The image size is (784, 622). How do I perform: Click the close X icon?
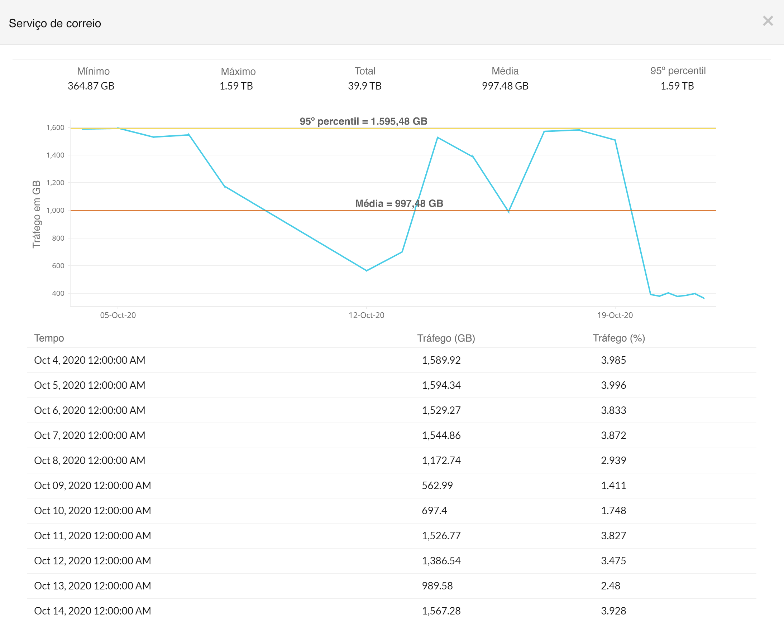coord(768,21)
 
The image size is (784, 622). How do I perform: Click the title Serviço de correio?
coord(55,23)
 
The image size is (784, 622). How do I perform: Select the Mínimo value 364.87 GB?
coord(91,86)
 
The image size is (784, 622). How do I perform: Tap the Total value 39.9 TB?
coord(364,86)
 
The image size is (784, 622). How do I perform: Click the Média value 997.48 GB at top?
coord(505,86)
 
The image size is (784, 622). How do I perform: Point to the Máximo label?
coord(238,71)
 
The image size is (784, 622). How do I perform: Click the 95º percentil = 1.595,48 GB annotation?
coord(363,121)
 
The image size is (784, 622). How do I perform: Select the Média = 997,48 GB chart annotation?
coord(399,203)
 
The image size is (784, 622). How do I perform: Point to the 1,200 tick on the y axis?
coord(55,183)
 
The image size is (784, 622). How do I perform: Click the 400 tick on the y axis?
coord(58,293)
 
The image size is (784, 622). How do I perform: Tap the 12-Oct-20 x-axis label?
coord(366,315)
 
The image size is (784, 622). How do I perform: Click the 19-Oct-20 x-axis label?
coord(615,315)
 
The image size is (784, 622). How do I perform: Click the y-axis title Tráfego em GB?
coord(36,214)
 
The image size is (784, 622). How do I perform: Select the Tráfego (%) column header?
coord(618,338)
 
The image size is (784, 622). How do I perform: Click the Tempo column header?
coord(49,338)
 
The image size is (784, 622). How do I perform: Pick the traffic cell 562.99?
coord(437,486)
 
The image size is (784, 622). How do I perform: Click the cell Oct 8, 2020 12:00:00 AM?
coord(90,461)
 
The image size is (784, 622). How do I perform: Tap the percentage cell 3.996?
coord(613,385)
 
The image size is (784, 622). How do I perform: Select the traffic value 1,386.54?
coord(441,561)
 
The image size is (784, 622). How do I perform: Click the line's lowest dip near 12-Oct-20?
coord(366,271)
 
